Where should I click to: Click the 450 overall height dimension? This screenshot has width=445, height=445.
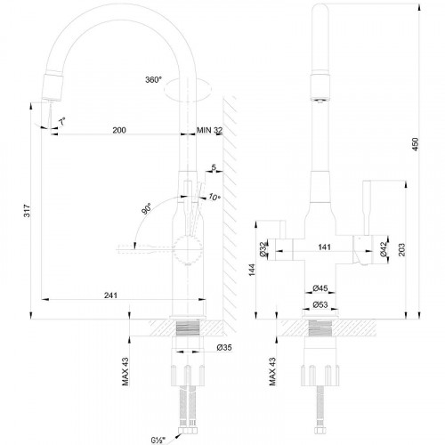point(416,144)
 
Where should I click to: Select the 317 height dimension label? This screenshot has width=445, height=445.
point(27,211)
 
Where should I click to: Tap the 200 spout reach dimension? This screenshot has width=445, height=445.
point(119,130)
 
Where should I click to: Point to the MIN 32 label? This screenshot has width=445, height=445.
point(209,130)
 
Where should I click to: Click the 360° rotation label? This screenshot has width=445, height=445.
point(153,79)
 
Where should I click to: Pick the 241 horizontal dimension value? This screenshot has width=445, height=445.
point(110,295)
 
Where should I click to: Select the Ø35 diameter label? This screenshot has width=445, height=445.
point(224,347)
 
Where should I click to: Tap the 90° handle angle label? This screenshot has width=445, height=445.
point(147,209)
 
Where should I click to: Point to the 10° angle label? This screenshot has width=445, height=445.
point(214,197)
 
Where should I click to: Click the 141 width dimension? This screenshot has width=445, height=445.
point(324,247)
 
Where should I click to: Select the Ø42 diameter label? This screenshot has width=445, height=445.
point(384,248)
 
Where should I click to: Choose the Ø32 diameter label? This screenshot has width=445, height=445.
point(263,248)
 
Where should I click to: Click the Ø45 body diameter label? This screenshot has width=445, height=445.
point(320,287)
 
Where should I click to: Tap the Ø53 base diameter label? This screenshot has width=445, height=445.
point(320,304)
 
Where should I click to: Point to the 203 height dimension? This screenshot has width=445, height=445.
point(401,250)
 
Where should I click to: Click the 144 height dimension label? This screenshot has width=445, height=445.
point(252,270)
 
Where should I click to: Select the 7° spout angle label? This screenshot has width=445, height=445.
point(62,121)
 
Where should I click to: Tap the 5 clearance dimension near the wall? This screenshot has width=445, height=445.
point(214,167)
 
